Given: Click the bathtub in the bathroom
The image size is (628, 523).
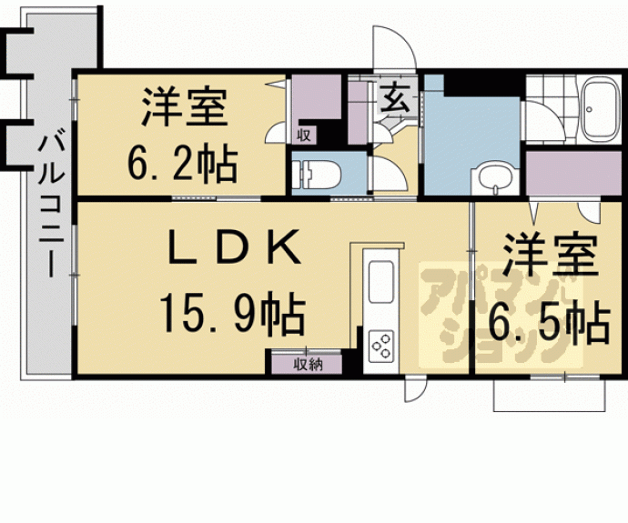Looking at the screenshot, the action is click(600, 109).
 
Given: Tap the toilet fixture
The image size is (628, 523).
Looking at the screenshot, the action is click(316, 174).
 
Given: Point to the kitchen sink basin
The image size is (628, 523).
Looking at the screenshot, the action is click(380, 282).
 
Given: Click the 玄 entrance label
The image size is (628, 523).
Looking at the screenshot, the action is click(394, 98).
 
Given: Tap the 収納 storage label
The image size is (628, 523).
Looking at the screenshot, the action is click(308, 365).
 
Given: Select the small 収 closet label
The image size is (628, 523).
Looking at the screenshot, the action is click(304, 136).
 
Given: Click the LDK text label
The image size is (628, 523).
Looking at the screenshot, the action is click(234, 247).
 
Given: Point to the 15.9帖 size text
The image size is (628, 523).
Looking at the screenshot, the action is click(233, 313).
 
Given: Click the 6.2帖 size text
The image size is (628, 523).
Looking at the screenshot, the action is click(183, 164).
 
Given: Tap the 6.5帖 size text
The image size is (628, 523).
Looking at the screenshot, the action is click(549, 323).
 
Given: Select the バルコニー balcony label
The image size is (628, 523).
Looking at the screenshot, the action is click(51, 206).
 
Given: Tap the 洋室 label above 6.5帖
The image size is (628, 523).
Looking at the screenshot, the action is click(551, 255).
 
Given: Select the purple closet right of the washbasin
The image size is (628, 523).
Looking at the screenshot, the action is click(573, 173).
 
